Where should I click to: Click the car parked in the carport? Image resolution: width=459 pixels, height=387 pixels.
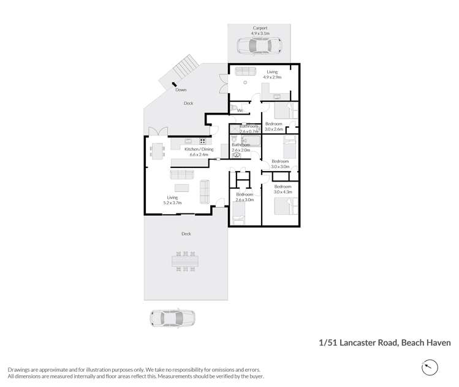[x=258, y=46]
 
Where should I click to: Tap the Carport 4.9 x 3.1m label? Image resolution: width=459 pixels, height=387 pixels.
[x=260, y=31]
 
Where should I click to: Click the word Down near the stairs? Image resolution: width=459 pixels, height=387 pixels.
[x=181, y=90]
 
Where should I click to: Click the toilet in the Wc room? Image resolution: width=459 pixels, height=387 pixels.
[x=233, y=109]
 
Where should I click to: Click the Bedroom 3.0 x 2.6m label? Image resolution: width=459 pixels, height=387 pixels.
[x=274, y=126]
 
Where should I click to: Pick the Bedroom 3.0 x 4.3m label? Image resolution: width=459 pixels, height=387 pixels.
[x=283, y=189]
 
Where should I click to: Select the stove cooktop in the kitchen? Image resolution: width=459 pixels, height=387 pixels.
[x=202, y=142]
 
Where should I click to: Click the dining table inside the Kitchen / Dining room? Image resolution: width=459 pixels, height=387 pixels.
[x=157, y=150]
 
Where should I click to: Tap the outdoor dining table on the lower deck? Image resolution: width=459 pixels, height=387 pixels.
[x=185, y=261]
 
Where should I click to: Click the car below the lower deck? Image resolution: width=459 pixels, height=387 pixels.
[x=172, y=318]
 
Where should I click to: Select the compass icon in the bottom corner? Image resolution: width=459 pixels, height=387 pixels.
[x=430, y=367]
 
